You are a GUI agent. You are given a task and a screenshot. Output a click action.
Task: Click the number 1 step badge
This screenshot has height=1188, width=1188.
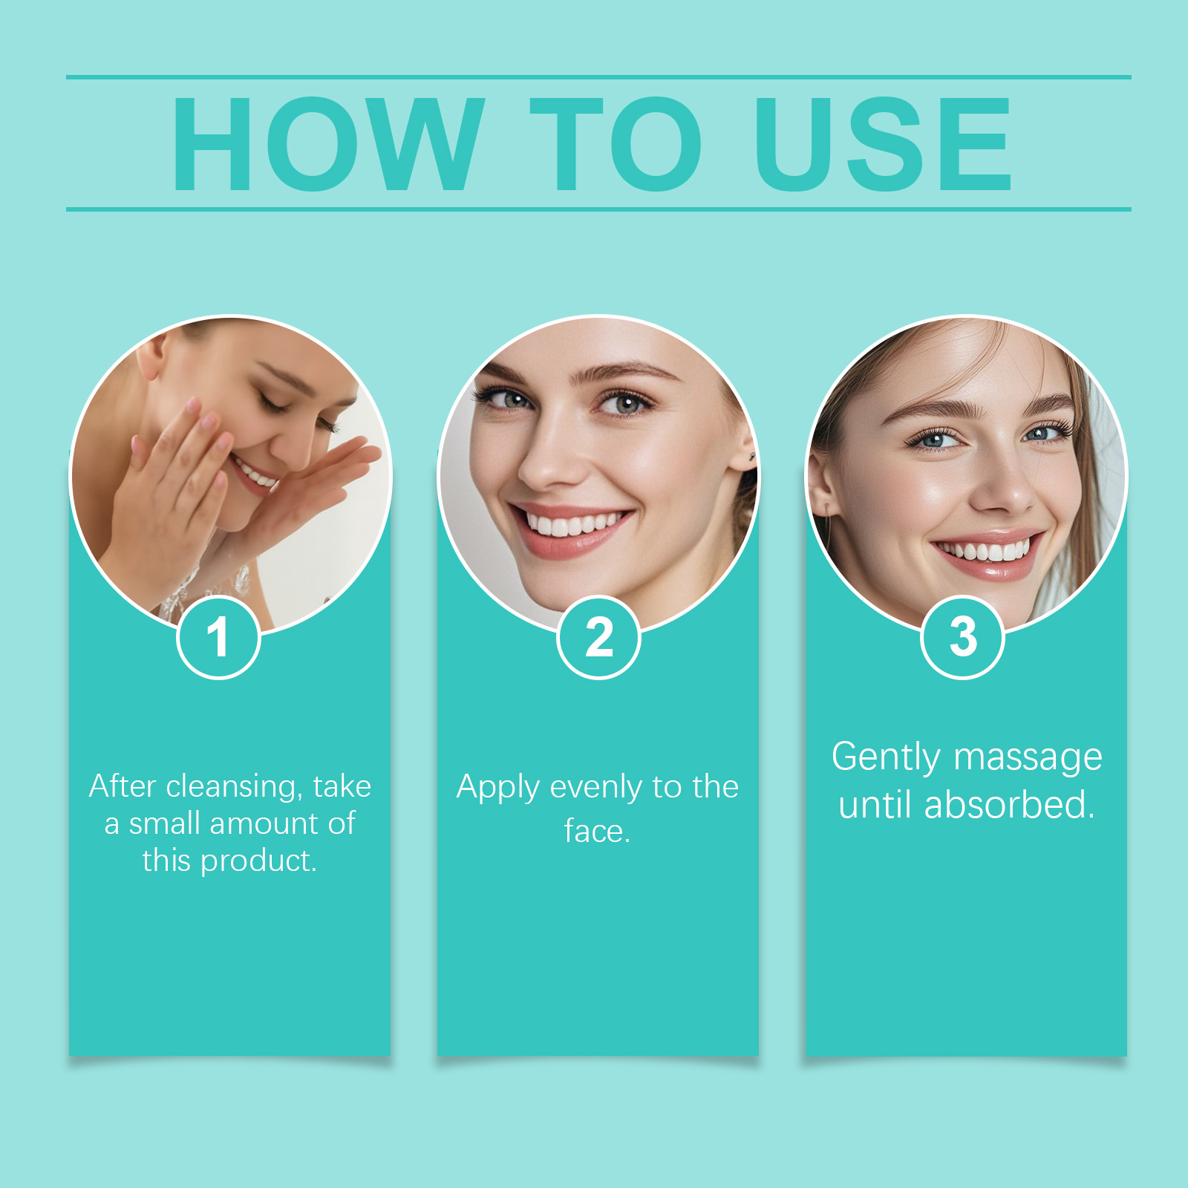click(x=218, y=637)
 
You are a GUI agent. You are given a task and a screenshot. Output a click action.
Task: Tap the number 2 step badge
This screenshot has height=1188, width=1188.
click(x=598, y=637)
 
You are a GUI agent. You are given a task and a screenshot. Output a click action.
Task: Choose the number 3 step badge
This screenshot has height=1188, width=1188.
click(x=962, y=637)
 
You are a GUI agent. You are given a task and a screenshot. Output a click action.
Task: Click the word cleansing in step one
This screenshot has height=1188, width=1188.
click(x=234, y=787)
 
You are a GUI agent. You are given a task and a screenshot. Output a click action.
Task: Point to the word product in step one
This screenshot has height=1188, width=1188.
click(x=258, y=861)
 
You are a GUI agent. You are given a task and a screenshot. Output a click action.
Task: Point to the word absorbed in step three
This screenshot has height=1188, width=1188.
click(x=1010, y=804)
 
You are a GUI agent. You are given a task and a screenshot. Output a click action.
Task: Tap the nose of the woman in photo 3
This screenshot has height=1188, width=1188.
click(x=1002, y=483)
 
